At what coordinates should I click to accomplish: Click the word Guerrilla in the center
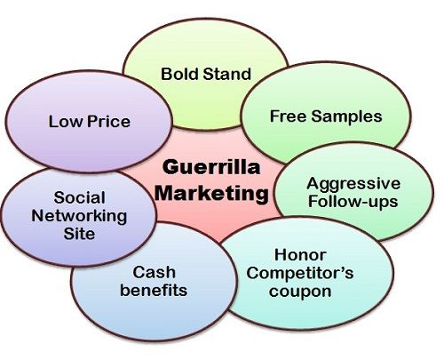(211, 167)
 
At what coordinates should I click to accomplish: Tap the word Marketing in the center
(211, 193)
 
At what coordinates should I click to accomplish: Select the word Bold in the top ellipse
(180, 74)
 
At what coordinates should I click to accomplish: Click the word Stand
(227, 74)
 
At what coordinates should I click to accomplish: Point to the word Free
(288, 116)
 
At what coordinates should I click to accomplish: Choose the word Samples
(346, 116)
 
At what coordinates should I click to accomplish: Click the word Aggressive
(353, 185)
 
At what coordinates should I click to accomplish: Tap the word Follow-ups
(353, 202)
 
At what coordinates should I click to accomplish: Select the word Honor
(300, 255)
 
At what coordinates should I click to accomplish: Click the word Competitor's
(300, 273)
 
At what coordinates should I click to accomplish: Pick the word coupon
(300, 292)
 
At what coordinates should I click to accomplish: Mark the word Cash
(154, 272)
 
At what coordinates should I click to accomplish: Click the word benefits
(154, 290)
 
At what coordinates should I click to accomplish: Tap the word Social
(79, 197)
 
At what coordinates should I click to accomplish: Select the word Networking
(79, 216)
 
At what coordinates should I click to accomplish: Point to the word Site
(79, 234)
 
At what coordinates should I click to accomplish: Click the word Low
(66, 122)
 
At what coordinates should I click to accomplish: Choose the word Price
(108, 122)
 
